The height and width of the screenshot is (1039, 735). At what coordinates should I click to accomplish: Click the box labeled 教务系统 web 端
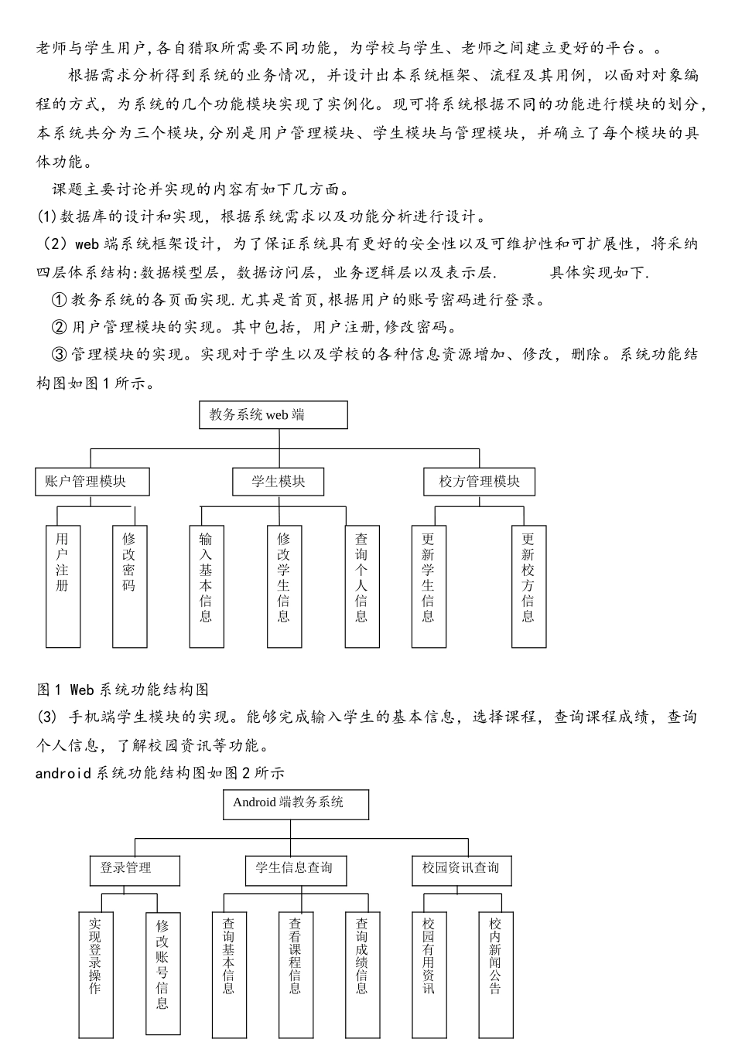(273, 415)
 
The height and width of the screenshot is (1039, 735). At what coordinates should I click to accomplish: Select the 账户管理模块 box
(92, 482)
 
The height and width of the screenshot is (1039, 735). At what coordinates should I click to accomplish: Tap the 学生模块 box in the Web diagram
(278, 482)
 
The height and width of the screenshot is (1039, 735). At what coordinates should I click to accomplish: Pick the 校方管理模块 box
(479, 482)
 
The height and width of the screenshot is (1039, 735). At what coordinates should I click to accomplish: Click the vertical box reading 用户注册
(63, 587)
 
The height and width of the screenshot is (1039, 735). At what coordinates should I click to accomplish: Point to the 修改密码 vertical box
(129, 587)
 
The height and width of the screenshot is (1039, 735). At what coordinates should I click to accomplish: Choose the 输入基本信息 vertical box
(206, 587)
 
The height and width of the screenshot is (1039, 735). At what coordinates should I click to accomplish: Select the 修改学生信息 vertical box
(284, 587)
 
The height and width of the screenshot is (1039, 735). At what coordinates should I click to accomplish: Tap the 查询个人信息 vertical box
(361, 587)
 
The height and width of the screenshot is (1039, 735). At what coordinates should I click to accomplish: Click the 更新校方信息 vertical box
(528, 587)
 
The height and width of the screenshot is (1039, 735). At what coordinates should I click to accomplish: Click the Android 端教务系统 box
(296, 804)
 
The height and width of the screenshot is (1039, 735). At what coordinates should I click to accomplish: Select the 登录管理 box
(135, 870)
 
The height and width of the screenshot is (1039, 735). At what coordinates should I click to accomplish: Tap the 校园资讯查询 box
(461, 870)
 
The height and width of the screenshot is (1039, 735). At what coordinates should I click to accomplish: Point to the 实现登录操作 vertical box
(95, 974)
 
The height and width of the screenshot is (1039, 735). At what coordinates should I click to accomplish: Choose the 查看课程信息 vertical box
(296, 974)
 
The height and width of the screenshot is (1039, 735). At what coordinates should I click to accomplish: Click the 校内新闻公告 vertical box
(495, 974)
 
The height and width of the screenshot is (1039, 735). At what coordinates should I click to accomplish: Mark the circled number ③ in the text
(59, 355)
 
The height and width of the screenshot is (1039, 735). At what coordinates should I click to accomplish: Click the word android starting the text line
(63, 772)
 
